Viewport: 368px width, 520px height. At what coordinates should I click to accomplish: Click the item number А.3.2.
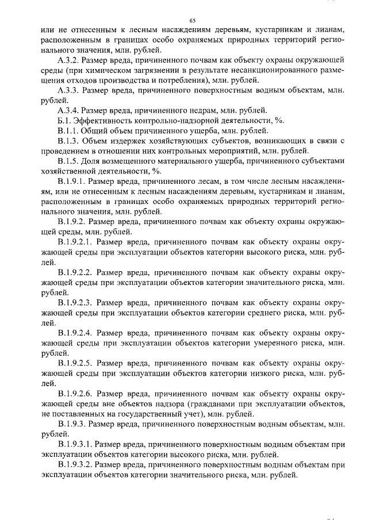pos(70,59)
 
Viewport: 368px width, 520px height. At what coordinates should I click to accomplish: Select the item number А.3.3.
pos(70,90)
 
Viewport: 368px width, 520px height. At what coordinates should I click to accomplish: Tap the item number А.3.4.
pos(70,111)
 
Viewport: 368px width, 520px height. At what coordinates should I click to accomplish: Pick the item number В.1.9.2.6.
pos(75,393)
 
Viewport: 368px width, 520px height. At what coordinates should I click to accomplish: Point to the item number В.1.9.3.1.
pos(75,444)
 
